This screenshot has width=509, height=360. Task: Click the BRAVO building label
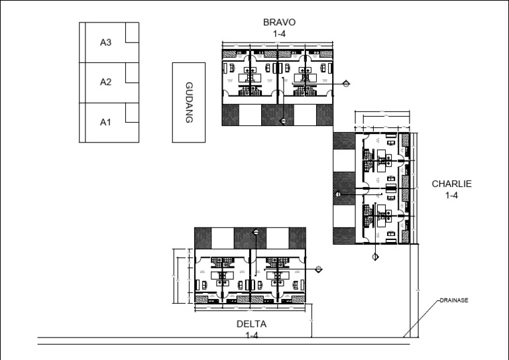[279, 22]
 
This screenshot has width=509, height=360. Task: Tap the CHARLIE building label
[451, 184]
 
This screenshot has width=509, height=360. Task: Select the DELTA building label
[251, 324]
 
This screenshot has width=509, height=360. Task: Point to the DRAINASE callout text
[454, 300]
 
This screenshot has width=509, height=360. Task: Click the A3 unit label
[105, 43]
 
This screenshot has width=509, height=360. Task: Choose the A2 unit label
[105, 82]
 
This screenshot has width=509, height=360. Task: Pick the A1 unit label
[105, 122]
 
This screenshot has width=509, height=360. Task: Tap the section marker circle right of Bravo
[346, 84]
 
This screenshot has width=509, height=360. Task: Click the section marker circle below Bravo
[283, 120]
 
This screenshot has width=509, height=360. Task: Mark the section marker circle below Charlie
[374, 257]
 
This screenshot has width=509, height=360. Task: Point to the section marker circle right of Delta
[319, 269]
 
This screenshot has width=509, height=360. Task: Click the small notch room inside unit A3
[132, 33]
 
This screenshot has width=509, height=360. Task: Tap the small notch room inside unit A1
[132, 113]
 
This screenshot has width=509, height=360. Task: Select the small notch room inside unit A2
[132, 73]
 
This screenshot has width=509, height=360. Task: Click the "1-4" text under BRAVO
[279, 33]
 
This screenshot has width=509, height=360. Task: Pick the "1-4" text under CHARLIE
[451, 196]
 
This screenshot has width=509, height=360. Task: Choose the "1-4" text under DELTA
[251, 335]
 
